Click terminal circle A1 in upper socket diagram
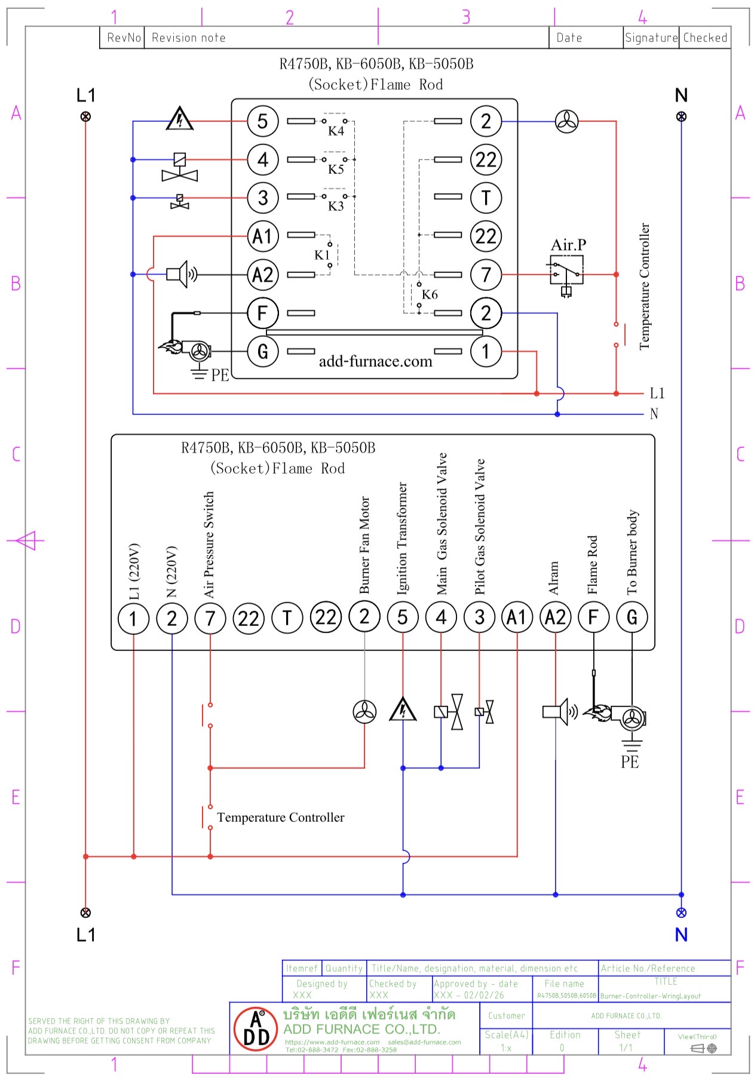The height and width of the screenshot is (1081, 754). point(263,237)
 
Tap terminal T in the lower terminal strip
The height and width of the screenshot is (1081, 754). point(287,618)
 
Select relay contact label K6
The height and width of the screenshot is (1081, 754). point(430,294)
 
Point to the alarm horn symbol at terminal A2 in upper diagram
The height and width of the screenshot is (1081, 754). point(181,274)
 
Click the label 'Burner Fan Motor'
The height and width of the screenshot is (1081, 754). point(364,545)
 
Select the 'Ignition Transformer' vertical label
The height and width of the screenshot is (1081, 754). point(402,538)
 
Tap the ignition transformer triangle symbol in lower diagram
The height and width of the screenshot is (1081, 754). point(403,710)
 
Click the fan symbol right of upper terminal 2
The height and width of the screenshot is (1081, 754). point(566,122)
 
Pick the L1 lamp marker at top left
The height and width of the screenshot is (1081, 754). point(85,116)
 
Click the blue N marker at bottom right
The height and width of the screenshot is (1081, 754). point(681,913)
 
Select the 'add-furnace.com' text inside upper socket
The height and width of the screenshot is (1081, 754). point(375,361)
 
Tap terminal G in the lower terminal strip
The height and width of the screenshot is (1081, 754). point(632,618)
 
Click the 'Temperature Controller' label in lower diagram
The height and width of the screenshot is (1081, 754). point(280,817)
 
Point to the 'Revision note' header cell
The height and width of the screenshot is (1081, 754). point(189,38)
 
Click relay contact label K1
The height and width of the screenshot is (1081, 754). point(322,255)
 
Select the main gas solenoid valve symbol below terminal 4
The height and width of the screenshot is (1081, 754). point(449,711)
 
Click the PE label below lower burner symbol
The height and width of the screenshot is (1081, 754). point(630,761)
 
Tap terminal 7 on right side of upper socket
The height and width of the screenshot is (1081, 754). point(486,275)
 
